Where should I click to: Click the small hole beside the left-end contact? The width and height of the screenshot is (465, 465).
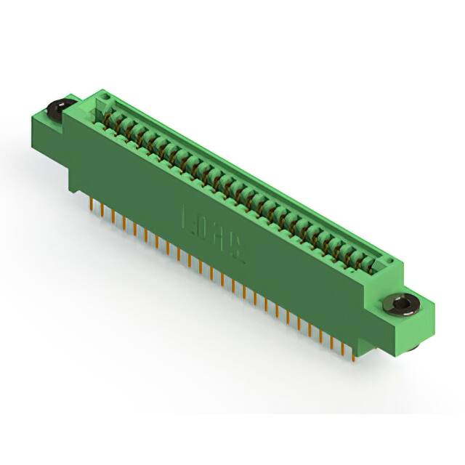click(x=106, y=95)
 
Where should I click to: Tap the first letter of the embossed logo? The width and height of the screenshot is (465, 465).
click(x=190, y=217)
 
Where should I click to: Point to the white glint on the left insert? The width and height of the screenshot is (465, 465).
click(x=52, y=106)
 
